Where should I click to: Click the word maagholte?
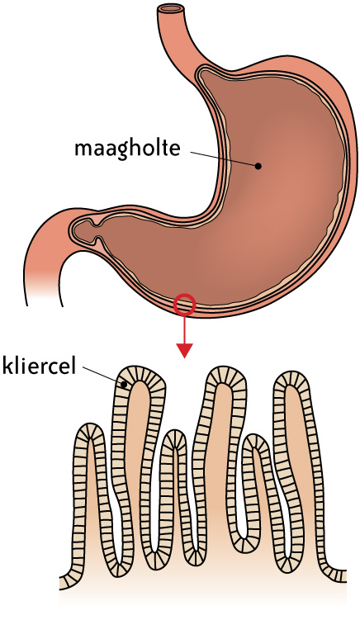(x=127, y=149)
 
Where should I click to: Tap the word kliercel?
(x=40, y=366)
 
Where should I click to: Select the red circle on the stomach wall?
(x=184, y=304)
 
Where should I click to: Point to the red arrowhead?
(x=184, y=350)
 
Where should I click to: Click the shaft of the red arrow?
(x=184, y=329)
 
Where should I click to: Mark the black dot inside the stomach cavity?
(x=258, y=166)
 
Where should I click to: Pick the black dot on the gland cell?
(x=125, y=385)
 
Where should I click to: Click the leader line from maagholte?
(x=223, y=158)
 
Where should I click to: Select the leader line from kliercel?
(x=102, y=376)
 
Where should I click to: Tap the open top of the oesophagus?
(x=170, y=7)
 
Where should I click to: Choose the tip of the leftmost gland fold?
(x=89, y=429)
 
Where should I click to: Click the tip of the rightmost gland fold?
(x=291, y=376)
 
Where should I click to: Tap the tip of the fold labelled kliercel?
(x=140, y=373)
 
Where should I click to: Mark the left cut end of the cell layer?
(x=63, y=581)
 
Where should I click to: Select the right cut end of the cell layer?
(x=343, y=575)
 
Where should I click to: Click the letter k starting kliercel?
(x=7, y=366)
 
